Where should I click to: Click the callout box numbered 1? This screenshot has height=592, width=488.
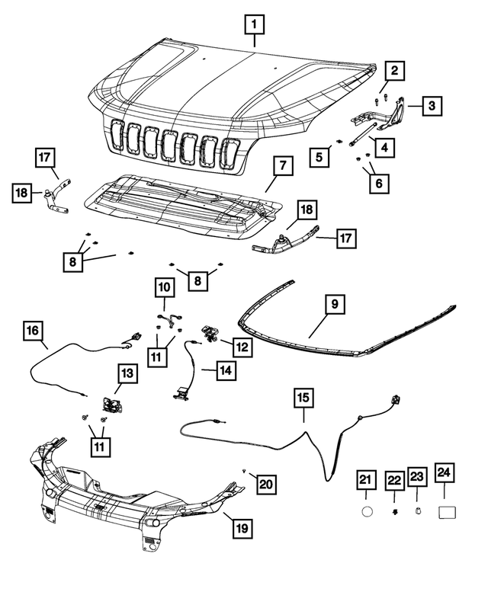click(255, 26)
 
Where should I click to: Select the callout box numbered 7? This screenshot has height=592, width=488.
click(281, 165)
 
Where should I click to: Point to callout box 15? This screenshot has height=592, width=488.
click(303, 398)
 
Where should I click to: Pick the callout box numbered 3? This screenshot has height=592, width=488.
click(432, 105)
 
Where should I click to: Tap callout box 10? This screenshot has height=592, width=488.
click(165, 289)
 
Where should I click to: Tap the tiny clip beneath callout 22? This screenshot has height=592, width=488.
click(393, 510)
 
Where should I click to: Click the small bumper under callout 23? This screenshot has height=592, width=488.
click(418, 511)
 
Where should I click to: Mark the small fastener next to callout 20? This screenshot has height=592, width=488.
click(242, 472)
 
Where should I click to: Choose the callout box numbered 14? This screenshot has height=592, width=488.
click(224, 371)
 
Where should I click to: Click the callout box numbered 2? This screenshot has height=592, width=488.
click(393, 72)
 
